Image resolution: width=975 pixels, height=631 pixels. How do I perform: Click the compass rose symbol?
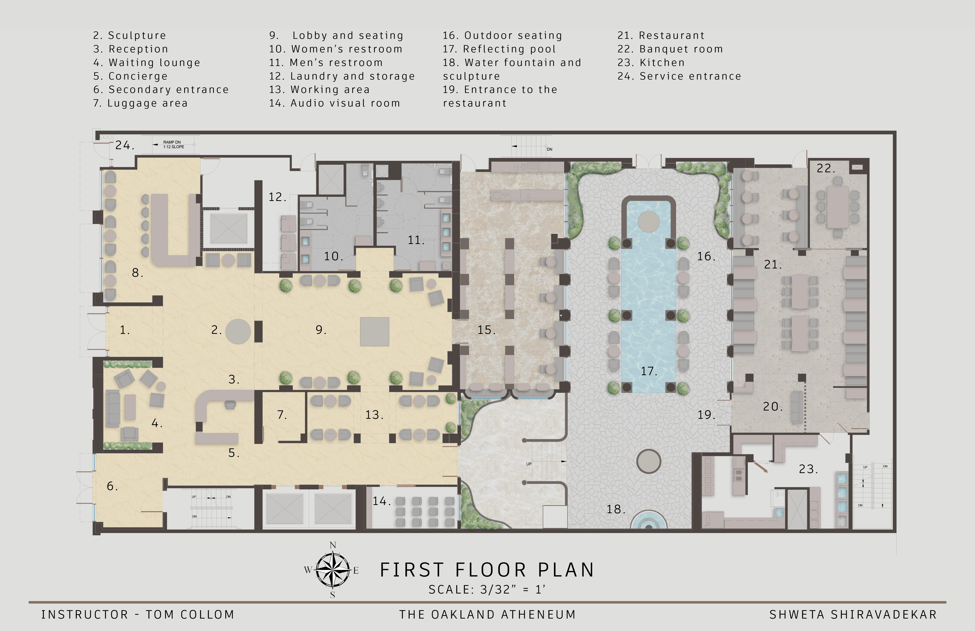(x=333, y=570)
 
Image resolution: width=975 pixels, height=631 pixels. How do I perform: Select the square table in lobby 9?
(x=375, y=332)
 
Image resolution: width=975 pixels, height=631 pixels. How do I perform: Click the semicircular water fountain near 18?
(x=648, y=520)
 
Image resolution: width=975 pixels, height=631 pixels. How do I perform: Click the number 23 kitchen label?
(x=808, y=469)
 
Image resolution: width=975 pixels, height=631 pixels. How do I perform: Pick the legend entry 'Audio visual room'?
(x=334, y=103)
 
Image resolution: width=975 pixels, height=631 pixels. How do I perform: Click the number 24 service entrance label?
(x=124, y=146)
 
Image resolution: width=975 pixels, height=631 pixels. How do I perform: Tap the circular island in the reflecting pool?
(x=648, y=222)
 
